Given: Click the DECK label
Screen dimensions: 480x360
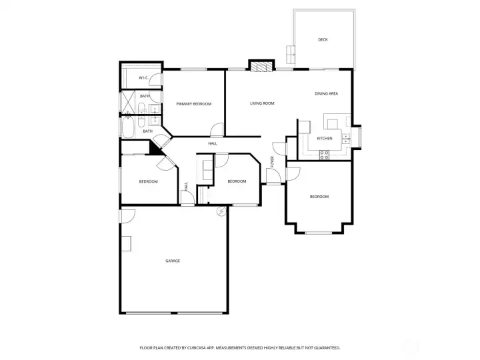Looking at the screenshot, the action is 323,39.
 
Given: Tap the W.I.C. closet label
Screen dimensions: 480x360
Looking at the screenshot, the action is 143,78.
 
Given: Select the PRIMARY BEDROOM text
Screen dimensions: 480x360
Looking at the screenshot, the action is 194,104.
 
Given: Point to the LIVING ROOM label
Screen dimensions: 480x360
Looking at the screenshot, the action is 262,103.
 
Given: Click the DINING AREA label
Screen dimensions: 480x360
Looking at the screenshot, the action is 326,94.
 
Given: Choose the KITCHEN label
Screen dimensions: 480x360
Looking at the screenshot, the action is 325,139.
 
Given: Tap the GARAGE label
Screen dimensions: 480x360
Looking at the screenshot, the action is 173,261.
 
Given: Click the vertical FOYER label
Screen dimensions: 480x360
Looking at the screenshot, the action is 272,162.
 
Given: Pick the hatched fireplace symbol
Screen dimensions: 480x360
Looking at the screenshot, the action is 261,67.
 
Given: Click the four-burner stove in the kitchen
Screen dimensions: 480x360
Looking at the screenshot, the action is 324,155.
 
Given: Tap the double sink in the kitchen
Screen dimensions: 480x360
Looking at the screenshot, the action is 346,139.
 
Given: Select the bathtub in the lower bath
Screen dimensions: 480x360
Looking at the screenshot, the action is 128,127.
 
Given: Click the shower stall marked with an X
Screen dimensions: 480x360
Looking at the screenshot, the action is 128,101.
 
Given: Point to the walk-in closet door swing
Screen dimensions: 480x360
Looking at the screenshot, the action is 155,80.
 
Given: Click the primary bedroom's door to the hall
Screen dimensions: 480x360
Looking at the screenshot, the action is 217,129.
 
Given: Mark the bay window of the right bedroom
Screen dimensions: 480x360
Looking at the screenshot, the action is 319,233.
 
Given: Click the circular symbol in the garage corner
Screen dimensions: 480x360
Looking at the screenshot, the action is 221,211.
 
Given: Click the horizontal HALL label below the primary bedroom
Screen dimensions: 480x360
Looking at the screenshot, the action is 213,143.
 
